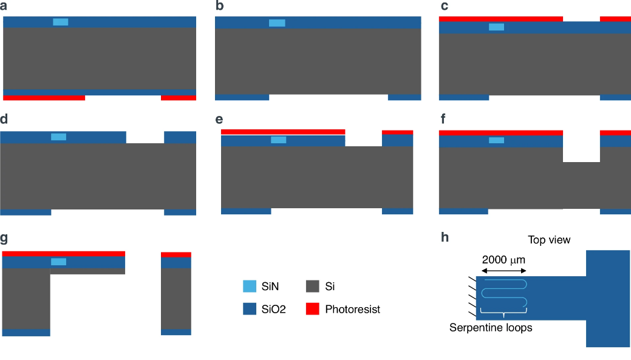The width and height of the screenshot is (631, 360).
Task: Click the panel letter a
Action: pyautogui.click(x=4, y=7)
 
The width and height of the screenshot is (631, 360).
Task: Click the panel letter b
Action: pyautogui.click(x=219, y=5)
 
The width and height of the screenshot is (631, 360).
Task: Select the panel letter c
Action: pyautogui.click(x=445, y=7)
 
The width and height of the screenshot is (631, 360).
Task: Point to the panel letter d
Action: pyautogui.click(x=4, y=119)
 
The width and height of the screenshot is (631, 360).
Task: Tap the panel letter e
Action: pyautogui.click(x=219, y=120)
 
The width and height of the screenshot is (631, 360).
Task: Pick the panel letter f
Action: pyautogui.click(x=443, y=118)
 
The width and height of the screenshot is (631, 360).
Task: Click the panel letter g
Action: pyautogui.click(x=4, y=239)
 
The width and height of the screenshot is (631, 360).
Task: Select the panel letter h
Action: pyautogui.click(x=445, y=237)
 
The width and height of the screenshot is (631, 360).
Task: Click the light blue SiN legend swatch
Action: pyautogui.click(x=250, y=286)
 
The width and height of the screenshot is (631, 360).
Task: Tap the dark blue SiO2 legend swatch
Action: pyautogui.click(x=250, y=309)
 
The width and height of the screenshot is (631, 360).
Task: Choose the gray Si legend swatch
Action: pyautogui.click(x=313, y=286)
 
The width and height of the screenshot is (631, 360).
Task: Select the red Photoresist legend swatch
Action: pyautogui.click(x=313, y=309)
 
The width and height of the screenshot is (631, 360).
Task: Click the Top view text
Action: pyautogui.click(x=549, y=240)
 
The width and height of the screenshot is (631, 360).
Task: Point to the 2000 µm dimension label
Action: pyautogui.click(x=503, y=260)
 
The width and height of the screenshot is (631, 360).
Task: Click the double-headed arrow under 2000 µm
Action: pyautogui.click(x=504, y=271)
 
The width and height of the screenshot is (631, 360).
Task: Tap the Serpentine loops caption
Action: pyautogui.click(x=491, y=328)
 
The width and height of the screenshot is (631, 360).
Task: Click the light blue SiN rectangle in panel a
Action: pyautogui.click(x=60, y=22)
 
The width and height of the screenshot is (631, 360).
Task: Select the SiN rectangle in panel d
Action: pyautogui.click(x=58, y=137)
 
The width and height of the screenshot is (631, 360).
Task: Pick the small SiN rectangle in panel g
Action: pyautogui.click(x=58, y=262)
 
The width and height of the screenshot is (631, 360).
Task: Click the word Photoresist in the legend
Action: pyautogui.click(x=352, y=310)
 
